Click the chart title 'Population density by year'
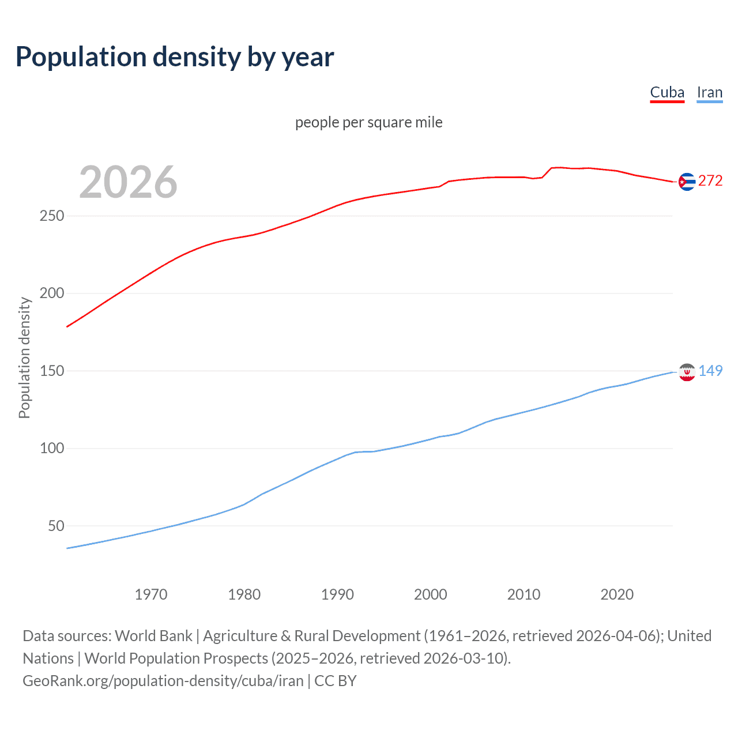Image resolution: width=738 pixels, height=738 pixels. click(x=175, y=57)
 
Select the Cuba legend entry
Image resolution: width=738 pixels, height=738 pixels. click(x=667, y=92)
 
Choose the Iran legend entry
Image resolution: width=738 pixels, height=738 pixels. click(x=709, y=92)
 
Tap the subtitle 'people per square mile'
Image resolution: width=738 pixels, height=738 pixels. click(x=368, y=122)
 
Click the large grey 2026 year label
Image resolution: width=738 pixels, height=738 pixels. click(x=128, y=182)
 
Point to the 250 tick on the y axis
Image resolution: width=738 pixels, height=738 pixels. click(x=52, y=216)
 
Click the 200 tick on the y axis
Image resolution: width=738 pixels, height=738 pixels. click(x=52, y=293)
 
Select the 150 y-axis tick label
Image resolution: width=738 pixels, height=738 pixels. click(x=52, y=371)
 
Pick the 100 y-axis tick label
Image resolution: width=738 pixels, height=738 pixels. click(x=52, y=448)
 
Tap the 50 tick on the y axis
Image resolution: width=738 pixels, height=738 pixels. click(x=56, y=526)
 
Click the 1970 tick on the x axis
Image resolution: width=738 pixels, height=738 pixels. click(x=151, y=594)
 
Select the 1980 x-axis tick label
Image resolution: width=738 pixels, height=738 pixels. click(x=244, y=594)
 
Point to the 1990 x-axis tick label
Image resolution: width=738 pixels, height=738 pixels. click(x=337, y=594)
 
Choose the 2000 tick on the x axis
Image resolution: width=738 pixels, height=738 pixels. click(x=431, y=594)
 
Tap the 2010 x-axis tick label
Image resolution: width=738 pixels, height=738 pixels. click(x=524, y=594)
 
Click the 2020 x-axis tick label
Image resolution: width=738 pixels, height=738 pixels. click(x=617, y=594)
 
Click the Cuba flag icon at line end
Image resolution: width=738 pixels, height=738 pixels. click(x=687, y=182)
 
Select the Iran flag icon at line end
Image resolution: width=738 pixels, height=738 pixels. click(x=687, y=372)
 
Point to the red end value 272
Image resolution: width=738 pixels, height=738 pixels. click(x=710, y=181)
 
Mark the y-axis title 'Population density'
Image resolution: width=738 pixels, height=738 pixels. click(x=24, y=357)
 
